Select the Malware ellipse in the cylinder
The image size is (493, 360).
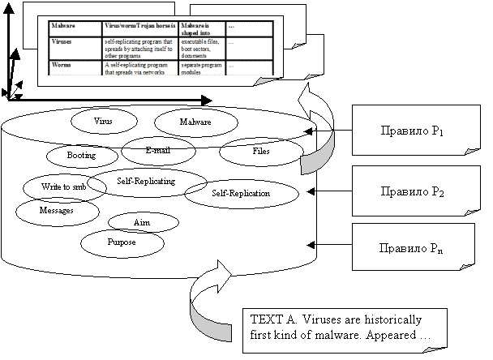(195, 122)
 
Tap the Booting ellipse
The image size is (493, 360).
(82, 155)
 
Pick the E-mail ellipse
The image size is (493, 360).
(159, 150)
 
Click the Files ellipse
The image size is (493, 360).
(260, 151)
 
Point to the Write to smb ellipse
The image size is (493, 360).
(63, 187)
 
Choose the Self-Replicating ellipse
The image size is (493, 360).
(147, 182)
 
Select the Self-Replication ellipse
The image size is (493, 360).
(240, 194)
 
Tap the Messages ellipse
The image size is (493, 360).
(57, 210)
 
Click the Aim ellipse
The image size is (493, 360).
(142, 221)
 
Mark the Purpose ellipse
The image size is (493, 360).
(122, 242)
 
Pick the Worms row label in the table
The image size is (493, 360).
(62, 62)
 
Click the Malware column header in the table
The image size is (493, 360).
(63, 26)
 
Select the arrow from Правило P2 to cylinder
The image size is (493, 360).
(331, 191)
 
